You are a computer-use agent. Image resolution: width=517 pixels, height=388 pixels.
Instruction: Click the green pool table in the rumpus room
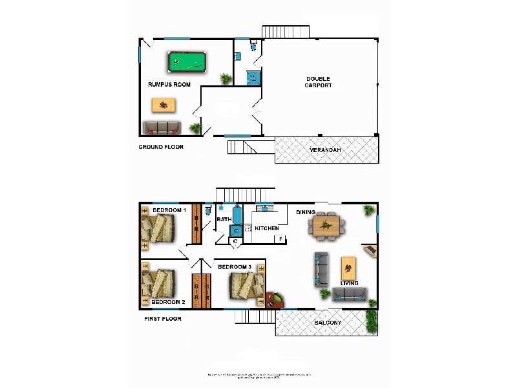tap(187, 63)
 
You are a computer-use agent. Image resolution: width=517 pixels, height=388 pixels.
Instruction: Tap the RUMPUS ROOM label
tap(169, 85)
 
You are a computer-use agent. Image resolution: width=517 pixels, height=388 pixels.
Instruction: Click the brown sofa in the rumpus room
tap(162, 127)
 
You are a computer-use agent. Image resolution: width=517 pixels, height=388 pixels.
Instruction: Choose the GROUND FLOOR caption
tap(161, 147)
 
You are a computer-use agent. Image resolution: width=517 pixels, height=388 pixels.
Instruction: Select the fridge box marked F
tap(280, 240)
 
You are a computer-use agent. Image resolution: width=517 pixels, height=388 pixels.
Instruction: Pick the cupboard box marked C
tap(235, 241)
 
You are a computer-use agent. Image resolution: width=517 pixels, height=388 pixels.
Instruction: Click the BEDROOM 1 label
tap(169, 210)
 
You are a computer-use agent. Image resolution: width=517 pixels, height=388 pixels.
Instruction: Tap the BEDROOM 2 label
tap(168, 302)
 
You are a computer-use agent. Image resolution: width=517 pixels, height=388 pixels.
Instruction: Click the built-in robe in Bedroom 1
tap(196, 224)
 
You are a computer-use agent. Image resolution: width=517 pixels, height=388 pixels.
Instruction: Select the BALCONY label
tap(328, 322)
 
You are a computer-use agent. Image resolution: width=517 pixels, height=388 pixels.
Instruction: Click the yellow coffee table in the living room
tap(348, 266)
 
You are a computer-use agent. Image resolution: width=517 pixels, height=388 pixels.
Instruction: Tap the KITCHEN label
tap(266, 228)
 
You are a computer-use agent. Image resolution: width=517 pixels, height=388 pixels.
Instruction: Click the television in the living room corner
tap(370, 250)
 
